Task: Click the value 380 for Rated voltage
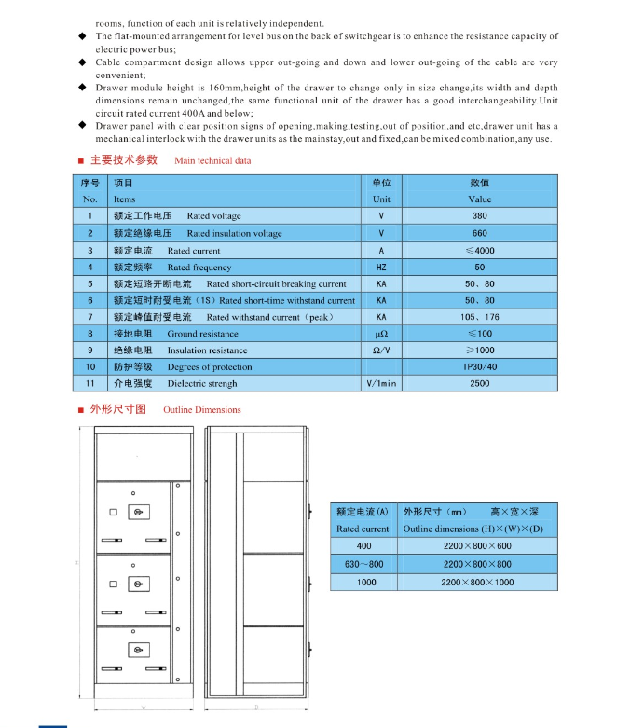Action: tap(479, 216)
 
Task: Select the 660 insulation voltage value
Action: tap(479, 233)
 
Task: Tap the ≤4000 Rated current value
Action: tap(479, 250)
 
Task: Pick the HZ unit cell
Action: tap(381, 267)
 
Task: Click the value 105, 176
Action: tap(480, 317)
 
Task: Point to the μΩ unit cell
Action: tap(381, 334)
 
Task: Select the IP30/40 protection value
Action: tap(480, 367)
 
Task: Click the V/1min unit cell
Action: tap(381, 384)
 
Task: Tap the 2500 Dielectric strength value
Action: tap(479, 384)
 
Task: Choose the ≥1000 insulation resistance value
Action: tap(479, 350)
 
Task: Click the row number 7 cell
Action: tap(90, 317)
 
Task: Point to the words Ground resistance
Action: tap(202, 334)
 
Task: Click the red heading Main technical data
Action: tap(212, 160)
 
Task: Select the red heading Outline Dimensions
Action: tap(202, 409)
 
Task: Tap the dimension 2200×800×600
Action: tap(476, 546)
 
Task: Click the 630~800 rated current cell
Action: tap(363, 564)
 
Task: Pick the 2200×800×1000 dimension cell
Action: tap(476, 582)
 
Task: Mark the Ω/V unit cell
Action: tap(381, 350)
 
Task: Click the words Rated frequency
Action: tap(199, 267)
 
